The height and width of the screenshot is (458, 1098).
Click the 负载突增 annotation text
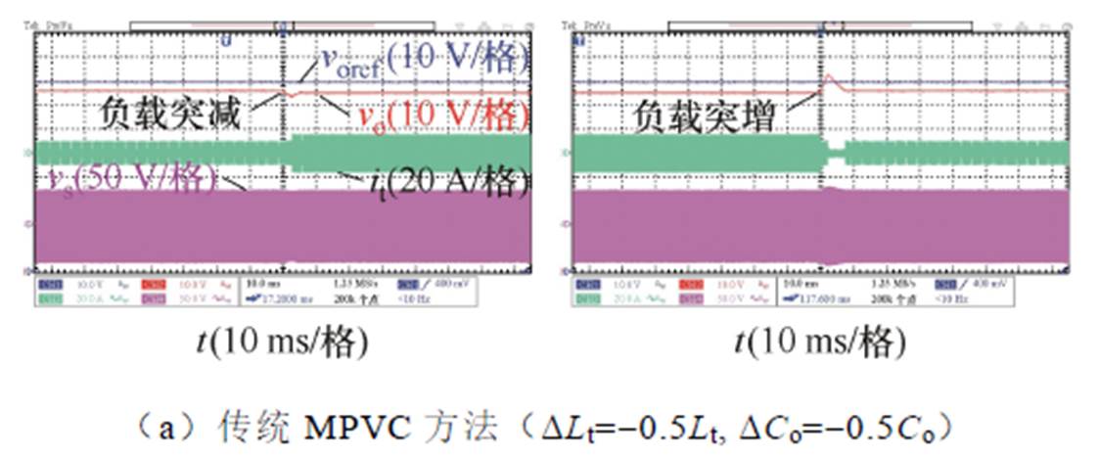pos(703,117)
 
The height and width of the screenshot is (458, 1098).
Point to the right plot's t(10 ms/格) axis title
pos(817,342)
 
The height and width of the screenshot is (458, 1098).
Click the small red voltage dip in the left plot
pos(291,94)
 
